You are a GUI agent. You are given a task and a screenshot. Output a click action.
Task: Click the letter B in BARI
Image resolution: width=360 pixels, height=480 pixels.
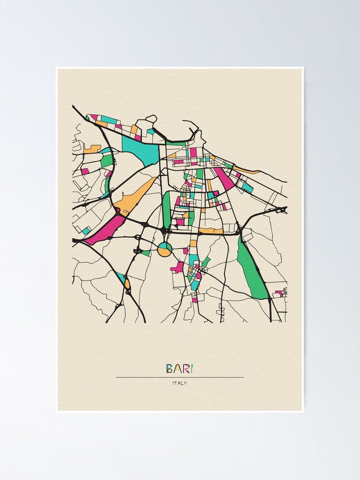coord(169,369)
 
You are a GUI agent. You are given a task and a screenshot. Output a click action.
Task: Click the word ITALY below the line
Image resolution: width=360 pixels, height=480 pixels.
coord(180,383)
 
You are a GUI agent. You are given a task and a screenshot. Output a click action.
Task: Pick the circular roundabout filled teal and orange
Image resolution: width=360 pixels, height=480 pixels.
coord(165,249)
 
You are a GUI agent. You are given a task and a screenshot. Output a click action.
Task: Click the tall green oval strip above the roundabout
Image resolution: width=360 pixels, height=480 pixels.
coord(167,210)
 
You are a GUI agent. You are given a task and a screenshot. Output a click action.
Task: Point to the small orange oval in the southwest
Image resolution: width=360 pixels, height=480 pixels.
coord(127,284)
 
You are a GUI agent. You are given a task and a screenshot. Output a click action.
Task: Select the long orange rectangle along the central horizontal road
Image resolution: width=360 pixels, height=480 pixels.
coord(211,231)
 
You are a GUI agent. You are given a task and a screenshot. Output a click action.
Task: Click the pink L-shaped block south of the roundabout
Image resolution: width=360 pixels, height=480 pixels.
coord(178,267)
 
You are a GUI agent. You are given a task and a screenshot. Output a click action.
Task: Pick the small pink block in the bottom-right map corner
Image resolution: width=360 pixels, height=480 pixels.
coord(279,293)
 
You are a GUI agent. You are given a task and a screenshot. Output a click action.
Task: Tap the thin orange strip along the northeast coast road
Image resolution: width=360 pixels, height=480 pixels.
coord(247,170)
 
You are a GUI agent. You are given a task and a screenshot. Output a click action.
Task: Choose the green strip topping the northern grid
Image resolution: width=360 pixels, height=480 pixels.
coord(176,144)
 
